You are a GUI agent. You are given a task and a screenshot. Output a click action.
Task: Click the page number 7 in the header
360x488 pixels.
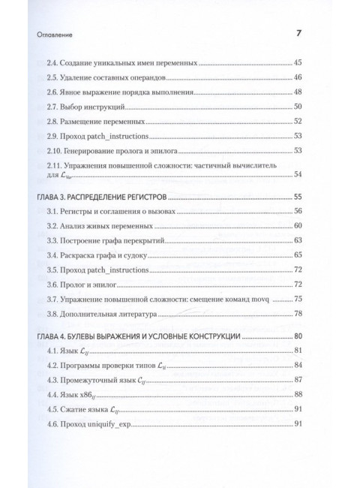[298, 34]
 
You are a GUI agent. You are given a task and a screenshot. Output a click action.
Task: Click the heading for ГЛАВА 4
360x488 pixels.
[138, 337]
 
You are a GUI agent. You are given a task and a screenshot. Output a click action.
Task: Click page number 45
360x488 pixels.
[298, 62]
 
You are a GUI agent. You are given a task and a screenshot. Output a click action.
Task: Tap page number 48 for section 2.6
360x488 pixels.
[298, 92]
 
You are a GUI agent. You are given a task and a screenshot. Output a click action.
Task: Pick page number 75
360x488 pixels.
[298, 298]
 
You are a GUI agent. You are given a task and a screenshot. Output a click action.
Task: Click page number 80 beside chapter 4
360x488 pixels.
[298, 337]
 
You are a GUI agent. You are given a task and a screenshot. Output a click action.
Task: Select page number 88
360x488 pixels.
[298, 395]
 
